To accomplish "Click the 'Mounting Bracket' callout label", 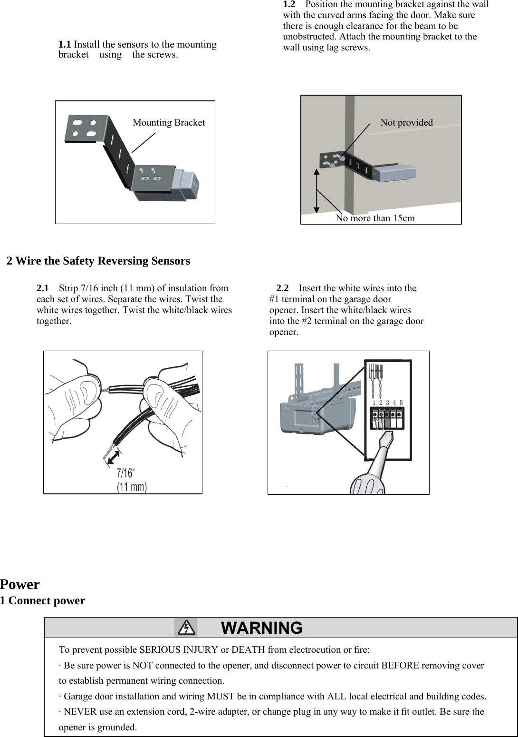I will coord(169,123).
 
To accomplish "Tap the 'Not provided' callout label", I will coord(406,122).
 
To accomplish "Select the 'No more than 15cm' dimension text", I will coord(375,218).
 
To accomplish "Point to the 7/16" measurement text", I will coord(126,473).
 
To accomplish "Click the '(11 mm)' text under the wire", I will coord(132,487).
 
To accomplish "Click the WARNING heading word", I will coord(262,628).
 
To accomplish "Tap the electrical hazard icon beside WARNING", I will coord(186,628).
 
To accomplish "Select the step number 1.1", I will coord(65,45).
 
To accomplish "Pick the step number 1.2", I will coord(289,4).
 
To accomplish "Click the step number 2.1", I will coord(43,288).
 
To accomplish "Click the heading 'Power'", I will coord(20,584).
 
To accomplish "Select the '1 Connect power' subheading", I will coord(43,600).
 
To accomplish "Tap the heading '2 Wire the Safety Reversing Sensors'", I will coord(98,261).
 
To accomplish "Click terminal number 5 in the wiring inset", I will coord(401,403).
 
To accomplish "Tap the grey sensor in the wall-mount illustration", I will coord(394,173).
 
